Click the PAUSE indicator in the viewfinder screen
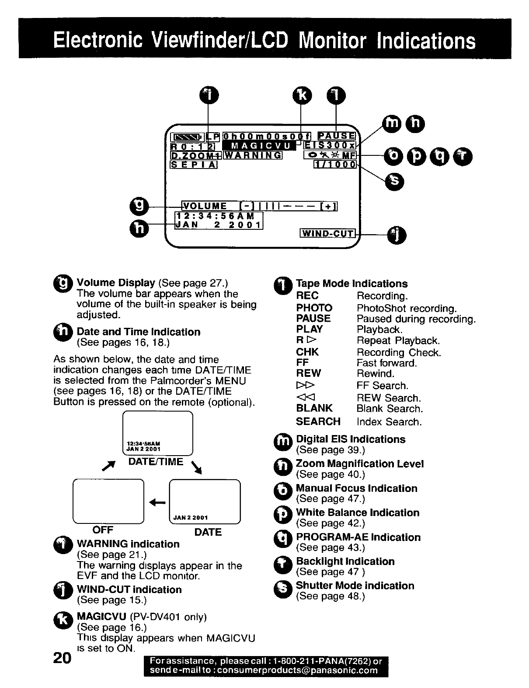[x=336, y=136]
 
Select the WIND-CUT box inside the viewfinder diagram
[x=328, y=233]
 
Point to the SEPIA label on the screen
[x=193, y=165]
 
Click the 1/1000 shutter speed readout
[x=335, y=165]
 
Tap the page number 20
[x=62, y=658]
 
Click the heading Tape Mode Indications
[x=352, y=284]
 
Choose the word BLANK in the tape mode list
[x=314, y=408]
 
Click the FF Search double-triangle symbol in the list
[x=306, y=386]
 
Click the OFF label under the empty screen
[x=103, y=530]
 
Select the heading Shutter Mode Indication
[x=355, y=586]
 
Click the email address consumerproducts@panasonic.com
[x=297, y=670]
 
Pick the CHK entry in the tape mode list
[x=307, y=352]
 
